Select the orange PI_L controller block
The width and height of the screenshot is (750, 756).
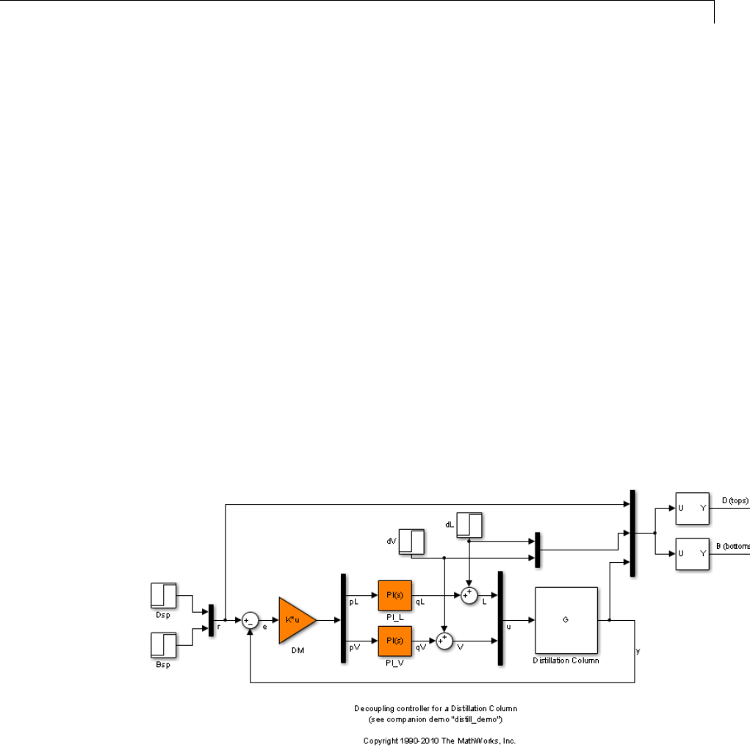coord(395,595)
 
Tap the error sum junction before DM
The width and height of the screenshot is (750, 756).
coord(251,621)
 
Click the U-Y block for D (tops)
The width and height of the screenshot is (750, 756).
coord(691,508)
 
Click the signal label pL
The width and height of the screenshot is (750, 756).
coord(353,602)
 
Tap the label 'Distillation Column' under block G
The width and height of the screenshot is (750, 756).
coord(566,660)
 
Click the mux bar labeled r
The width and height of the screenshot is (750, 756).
coord(211,621)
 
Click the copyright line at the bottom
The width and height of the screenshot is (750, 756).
coord(435,740)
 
